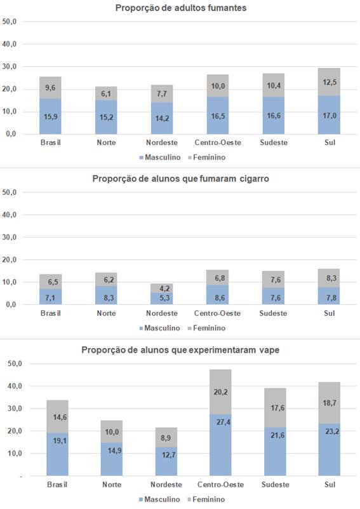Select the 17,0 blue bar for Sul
pos(329,115)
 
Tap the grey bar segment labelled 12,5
pos(329,82)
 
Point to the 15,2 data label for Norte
pos(105,118)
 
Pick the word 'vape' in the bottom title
pos(267,350)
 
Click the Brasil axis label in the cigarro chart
pos(51,314)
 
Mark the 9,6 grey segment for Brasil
pos(51,88)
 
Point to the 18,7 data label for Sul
pos(329,404)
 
